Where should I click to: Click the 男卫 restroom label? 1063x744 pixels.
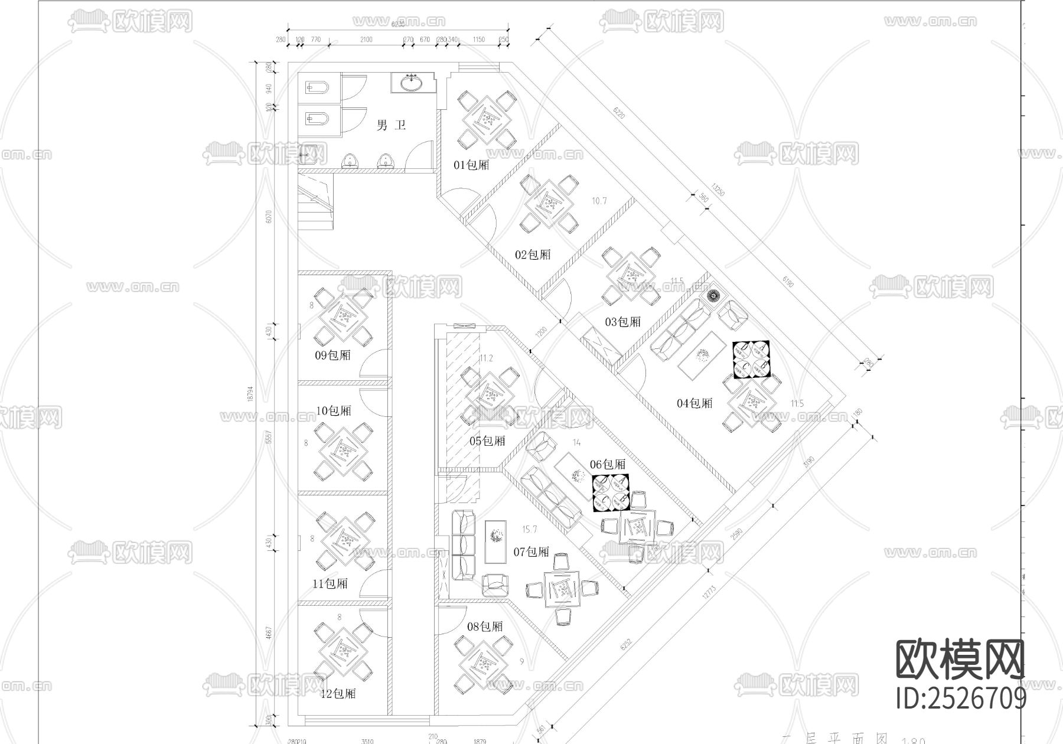pyautogui.click(x=391, y=125)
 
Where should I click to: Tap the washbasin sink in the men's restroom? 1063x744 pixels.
pyautogui.click(x=412, y=83)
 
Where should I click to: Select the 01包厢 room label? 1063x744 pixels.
pyautogui.click(x=471, y=165)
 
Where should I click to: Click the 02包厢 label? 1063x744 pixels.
pyautogui.click(x=533, y=254)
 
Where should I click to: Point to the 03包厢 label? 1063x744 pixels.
pyautogui.click(x=622, y=322)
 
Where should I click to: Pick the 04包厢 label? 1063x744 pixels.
pyautogui.click(x=694, y=403)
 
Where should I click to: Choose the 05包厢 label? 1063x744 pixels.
pyautogui.click(x=487, y=440)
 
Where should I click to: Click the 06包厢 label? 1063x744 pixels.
pyautogui.click(x=607, y=464)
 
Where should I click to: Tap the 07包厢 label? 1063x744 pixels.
pyautogui.click(x=531, y=552)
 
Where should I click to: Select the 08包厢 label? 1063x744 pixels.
pyautogui.click(x=485, y=626)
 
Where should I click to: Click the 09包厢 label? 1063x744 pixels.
pyautogui.click(x=332, y=355)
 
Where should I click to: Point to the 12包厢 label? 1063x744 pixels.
pyautogui.click(x=338, y=693)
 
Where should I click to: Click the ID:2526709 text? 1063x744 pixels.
pyautogui.click(x=961, y=699)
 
